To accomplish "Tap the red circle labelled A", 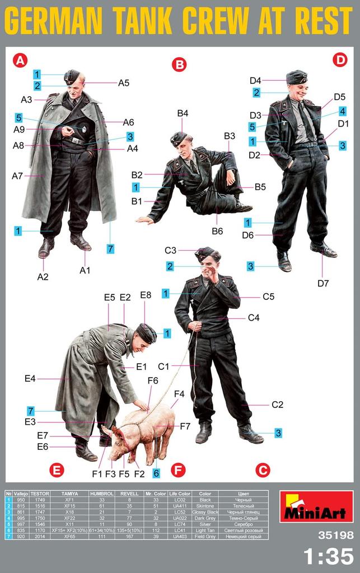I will point(20,60).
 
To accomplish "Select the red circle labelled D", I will point(339,60).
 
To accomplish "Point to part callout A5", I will point(124,83).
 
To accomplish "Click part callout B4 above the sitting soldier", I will point(183,114).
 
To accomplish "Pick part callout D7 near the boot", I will point(323,283).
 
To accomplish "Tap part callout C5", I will point(268,297).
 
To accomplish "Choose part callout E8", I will point(146,295).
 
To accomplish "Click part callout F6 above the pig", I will point(153,381).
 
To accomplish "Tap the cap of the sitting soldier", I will point(179,137).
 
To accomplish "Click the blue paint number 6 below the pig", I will point(157,473).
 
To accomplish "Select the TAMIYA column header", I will point(69,494).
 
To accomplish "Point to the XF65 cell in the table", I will point(69,537).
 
